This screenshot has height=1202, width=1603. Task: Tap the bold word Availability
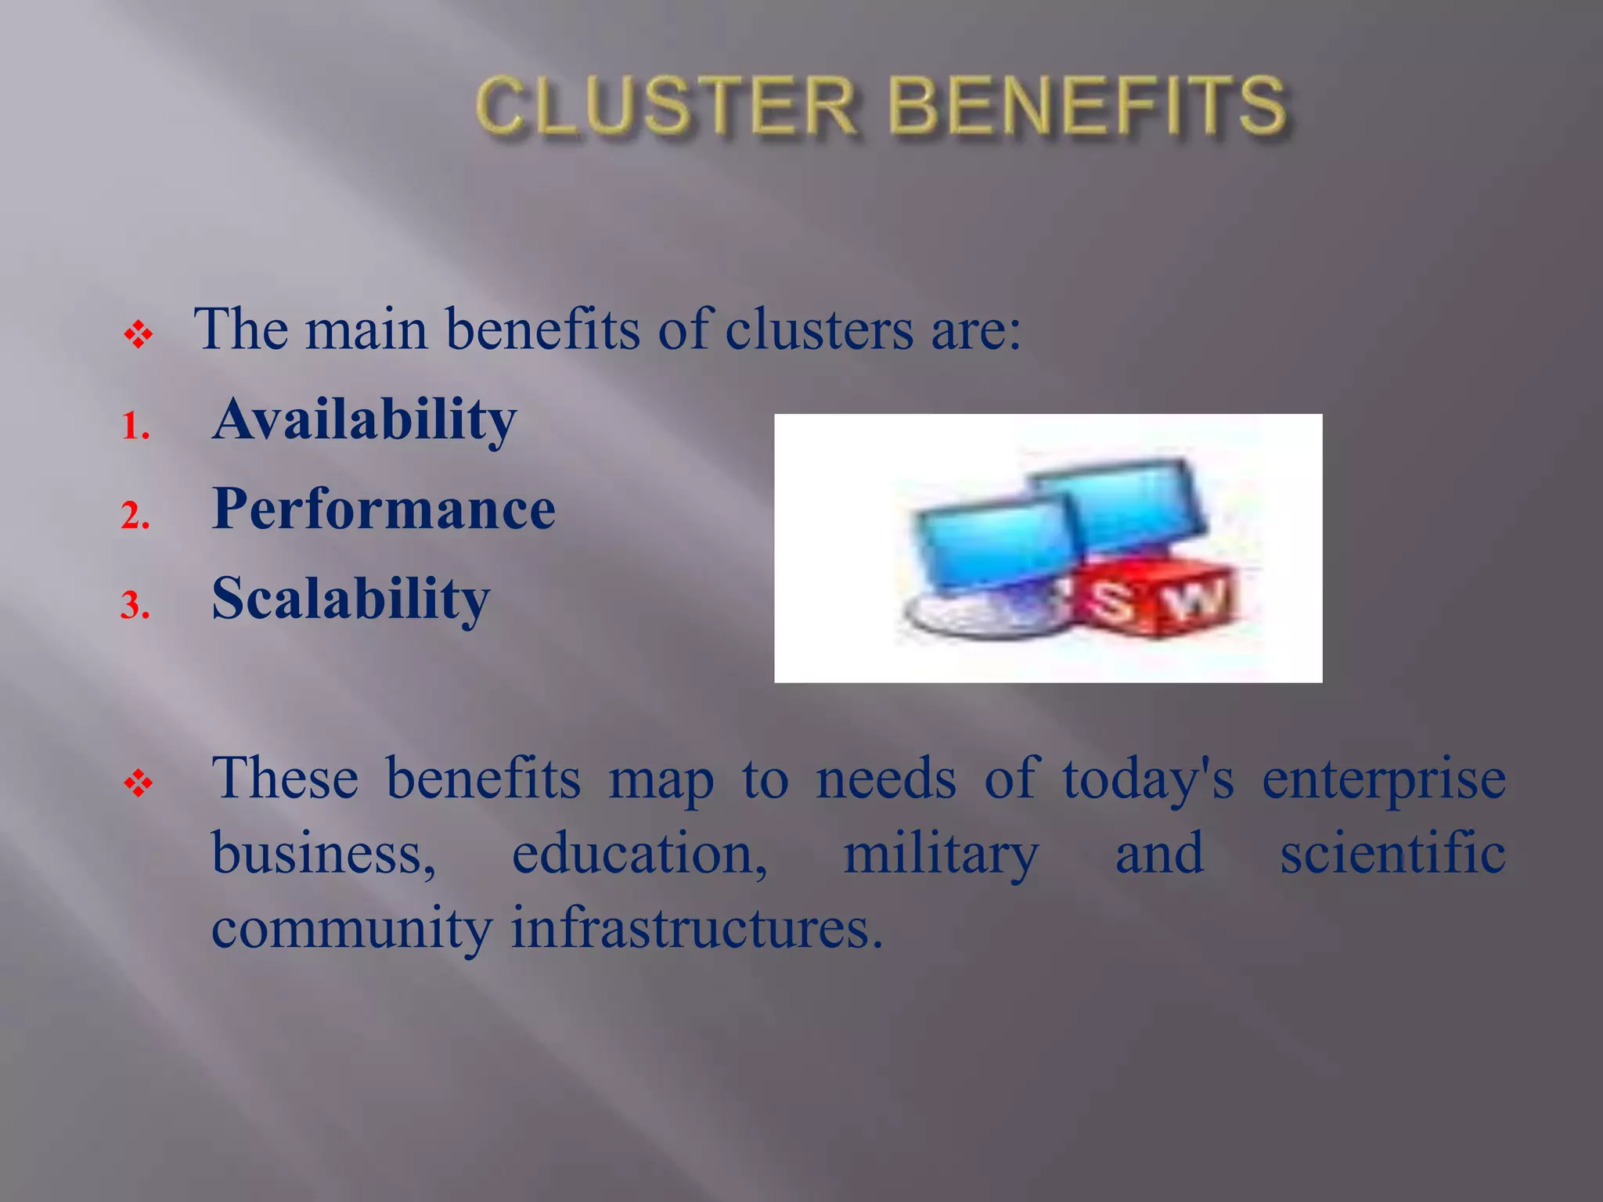(x=364, y=420)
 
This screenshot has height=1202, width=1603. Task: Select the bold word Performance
(x=384, y=509)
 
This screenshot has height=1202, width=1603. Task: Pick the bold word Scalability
(x=351, y=599)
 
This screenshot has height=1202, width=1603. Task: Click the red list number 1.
(x=135, y=428)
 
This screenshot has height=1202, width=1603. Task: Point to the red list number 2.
(x=135, y=516)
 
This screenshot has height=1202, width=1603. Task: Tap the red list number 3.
(x=135, y=606)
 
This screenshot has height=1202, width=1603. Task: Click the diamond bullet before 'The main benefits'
(x=139, y=336)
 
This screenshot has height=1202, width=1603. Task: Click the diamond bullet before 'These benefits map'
(x=139, y=783)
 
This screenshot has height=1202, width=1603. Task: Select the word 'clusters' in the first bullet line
(x=819, y=329)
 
